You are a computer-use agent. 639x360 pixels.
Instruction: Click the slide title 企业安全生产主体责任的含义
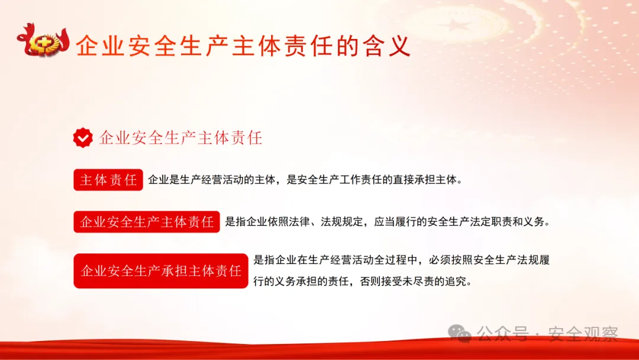243,46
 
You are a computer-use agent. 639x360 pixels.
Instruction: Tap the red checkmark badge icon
83,138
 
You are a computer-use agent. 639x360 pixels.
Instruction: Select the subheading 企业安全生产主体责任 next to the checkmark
180,139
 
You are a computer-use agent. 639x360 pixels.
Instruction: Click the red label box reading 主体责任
108,180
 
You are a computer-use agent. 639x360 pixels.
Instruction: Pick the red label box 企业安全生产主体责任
147,222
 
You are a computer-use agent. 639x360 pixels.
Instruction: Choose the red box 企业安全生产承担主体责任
161,271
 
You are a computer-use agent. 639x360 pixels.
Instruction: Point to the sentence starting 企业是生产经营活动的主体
304,180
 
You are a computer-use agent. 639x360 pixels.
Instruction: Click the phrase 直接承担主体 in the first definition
424,180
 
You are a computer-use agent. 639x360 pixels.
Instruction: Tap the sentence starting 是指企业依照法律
388,223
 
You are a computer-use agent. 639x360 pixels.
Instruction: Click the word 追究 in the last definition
457,282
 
